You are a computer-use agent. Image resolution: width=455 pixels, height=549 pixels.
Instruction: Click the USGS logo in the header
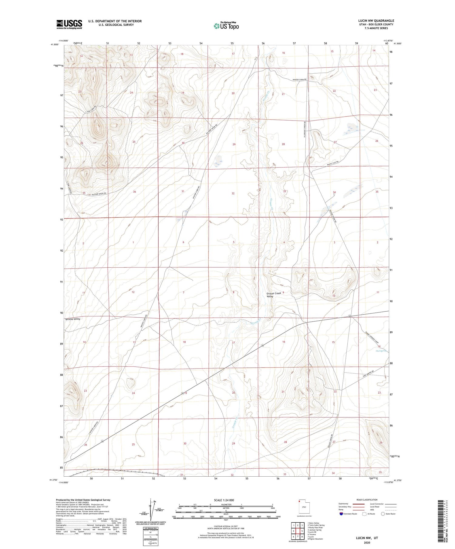click(69, 24)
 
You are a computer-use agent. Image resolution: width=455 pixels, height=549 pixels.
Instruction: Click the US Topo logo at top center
click(226, 26)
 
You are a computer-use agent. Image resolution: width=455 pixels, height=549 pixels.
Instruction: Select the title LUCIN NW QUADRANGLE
click(376, 21)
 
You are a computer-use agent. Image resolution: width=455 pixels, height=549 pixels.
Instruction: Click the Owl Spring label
click(381, 351)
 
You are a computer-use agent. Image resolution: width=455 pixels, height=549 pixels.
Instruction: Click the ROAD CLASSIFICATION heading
click(367, 500)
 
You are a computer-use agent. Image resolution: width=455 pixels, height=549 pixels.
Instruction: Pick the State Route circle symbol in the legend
click(383, 514)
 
